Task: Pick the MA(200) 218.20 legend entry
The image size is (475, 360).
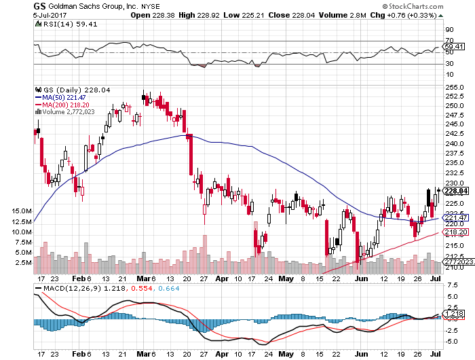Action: coord(65,105)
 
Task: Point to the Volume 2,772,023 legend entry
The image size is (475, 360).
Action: coord(69,111)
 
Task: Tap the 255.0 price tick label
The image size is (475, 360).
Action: coord(453,87)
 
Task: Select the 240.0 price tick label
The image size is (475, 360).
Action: coord(453,143)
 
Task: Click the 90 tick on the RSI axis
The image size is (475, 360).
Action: coord(449,31)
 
